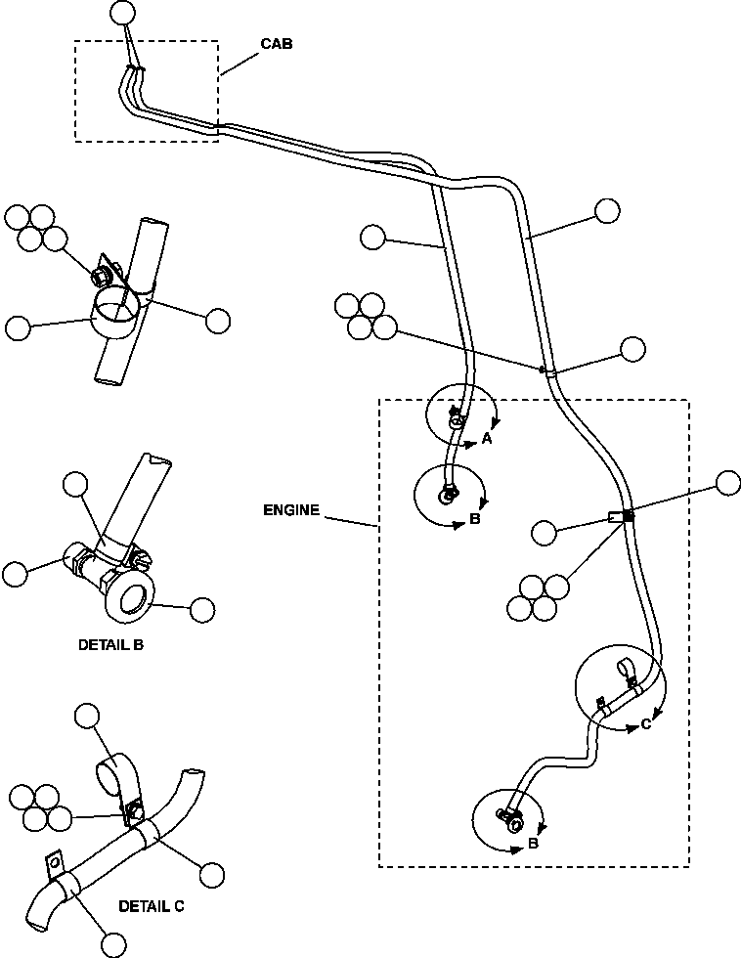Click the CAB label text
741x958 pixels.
click(275, 44)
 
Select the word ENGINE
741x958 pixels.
click(291, 510)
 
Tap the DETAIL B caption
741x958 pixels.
click(110, 645)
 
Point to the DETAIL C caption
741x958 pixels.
click(152, 906)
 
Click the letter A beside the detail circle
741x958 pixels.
click(486, 440)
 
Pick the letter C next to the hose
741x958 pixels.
click(646, 724)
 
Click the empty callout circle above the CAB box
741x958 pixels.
click(122, 12)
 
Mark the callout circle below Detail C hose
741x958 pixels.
click(113, 944)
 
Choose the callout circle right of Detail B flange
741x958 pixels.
click(202, 609)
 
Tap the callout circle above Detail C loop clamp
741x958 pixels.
click(88, 716)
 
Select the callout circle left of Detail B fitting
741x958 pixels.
click(15, 574)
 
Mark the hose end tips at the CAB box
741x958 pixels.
click(134, 68)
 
